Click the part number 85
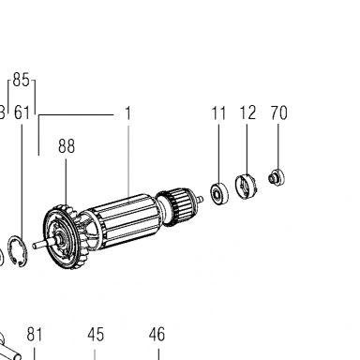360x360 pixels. [22, 80]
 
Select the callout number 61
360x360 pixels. [22, 112]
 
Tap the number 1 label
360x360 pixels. [127, 113]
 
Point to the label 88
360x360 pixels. [67, 146]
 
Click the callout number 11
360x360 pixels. [218, 113]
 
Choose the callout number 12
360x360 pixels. [247, 112]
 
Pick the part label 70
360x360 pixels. [278, 112]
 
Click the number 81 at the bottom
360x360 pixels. [34, 335]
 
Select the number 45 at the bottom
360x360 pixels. [96, 335]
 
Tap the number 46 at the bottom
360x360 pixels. [157, 335]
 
